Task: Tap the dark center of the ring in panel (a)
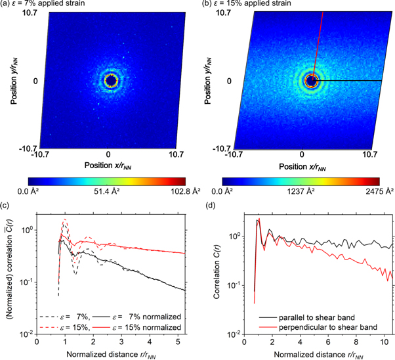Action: (110, 81)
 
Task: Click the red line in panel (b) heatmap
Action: (319, 39)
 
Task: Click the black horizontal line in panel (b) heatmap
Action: (354, 81)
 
